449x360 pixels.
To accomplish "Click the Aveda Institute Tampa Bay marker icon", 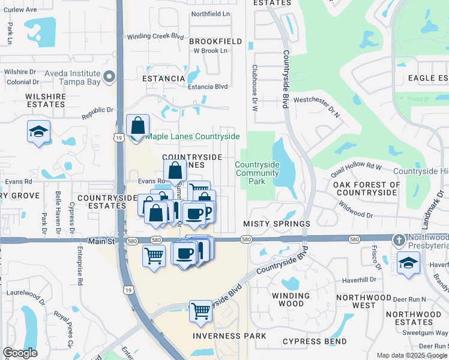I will click(x=109, y=77).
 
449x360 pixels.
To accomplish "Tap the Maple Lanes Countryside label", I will click(x=192, y=137).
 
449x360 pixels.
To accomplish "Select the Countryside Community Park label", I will click(x=257, y=173).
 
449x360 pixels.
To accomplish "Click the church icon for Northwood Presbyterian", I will click(x=399, y=241).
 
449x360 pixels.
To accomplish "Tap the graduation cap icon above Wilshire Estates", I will click(x=38, y=131).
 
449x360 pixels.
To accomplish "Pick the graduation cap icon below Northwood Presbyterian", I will click(x=408, y=263).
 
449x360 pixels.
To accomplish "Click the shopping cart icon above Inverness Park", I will click(x=200, y=311).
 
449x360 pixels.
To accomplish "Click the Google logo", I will click(x=20, y=353).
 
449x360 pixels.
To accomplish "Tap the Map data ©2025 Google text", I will click(x=411, y=355).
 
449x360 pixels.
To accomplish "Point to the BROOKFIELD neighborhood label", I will click(x=215, y=41).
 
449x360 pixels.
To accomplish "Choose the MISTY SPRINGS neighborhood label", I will click(x=276, y=223).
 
